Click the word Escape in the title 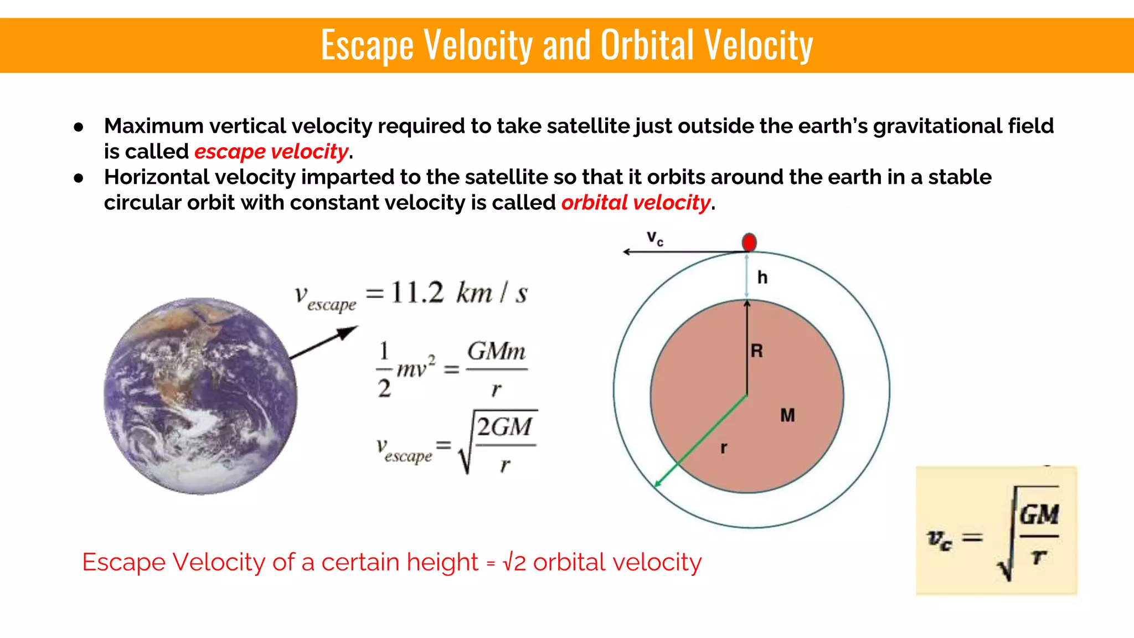click(x=367, y=45)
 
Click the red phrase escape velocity click(x=271, y=152)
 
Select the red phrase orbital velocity click(x=636, y=203)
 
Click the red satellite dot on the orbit click(x=749, y=242)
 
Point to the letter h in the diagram click(x=762, y=277)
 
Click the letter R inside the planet click(x=757, y=351)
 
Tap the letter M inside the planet click(x=787, y=415)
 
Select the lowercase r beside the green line click(x=724, y=447)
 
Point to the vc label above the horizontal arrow click(x=655, y=238)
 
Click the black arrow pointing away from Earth click(x=324, y=343)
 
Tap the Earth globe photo click(x=200, y=396)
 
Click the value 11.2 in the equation click(x=417, y=292)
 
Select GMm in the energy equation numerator click(x=496, y=351)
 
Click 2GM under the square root click(x=504, y=427)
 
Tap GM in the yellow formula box click(x=1039, y=515)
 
